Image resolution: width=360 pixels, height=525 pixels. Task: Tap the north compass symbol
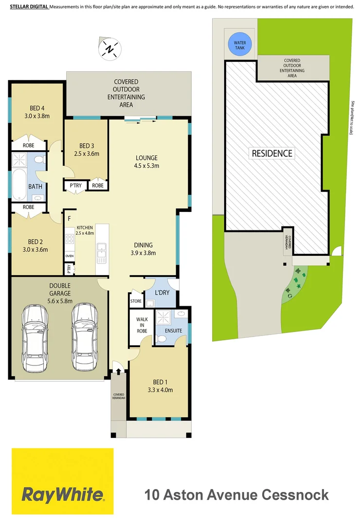pos(110,49)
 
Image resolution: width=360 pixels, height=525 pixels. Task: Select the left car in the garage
pos(35,336)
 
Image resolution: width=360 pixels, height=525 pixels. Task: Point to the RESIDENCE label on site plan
pos(272,153)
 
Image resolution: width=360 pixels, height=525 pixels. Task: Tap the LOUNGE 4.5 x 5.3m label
pos(147,161)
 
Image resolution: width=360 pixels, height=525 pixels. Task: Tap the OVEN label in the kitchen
pos(69,256)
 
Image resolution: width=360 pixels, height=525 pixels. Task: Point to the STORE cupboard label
pos(136,301)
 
